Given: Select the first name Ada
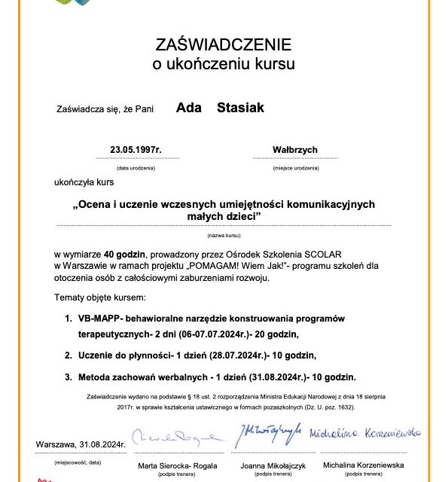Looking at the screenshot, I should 188,108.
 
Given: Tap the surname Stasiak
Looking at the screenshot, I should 240,108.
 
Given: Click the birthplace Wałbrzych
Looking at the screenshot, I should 296,150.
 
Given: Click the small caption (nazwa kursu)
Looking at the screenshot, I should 223,236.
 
